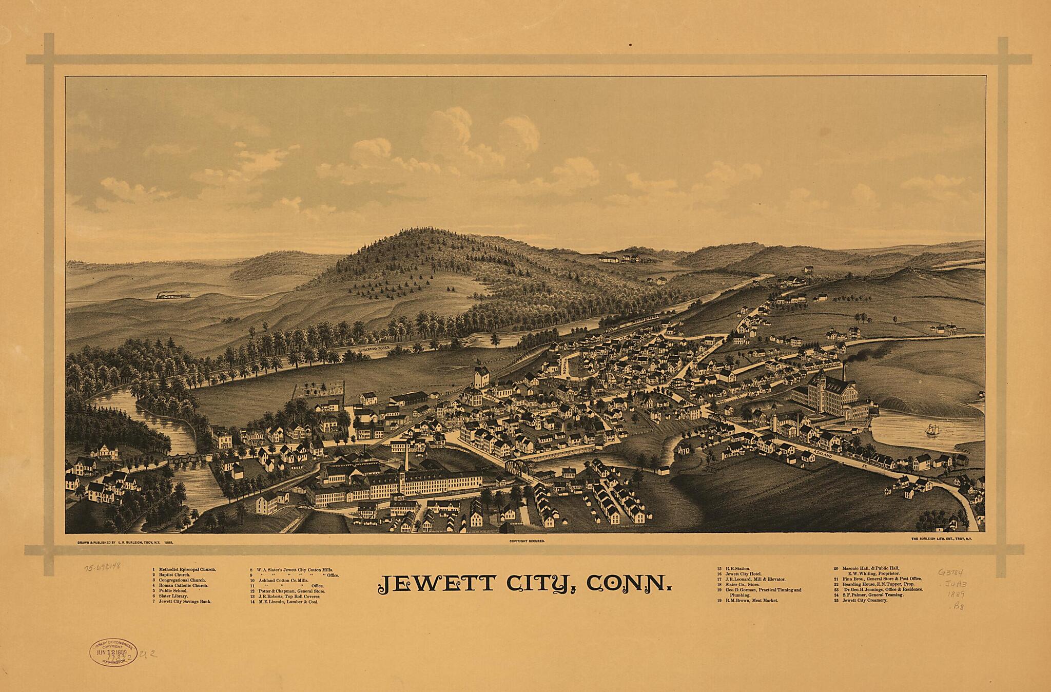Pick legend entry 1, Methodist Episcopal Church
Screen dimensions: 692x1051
184,570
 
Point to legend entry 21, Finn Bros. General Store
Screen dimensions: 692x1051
877,579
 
